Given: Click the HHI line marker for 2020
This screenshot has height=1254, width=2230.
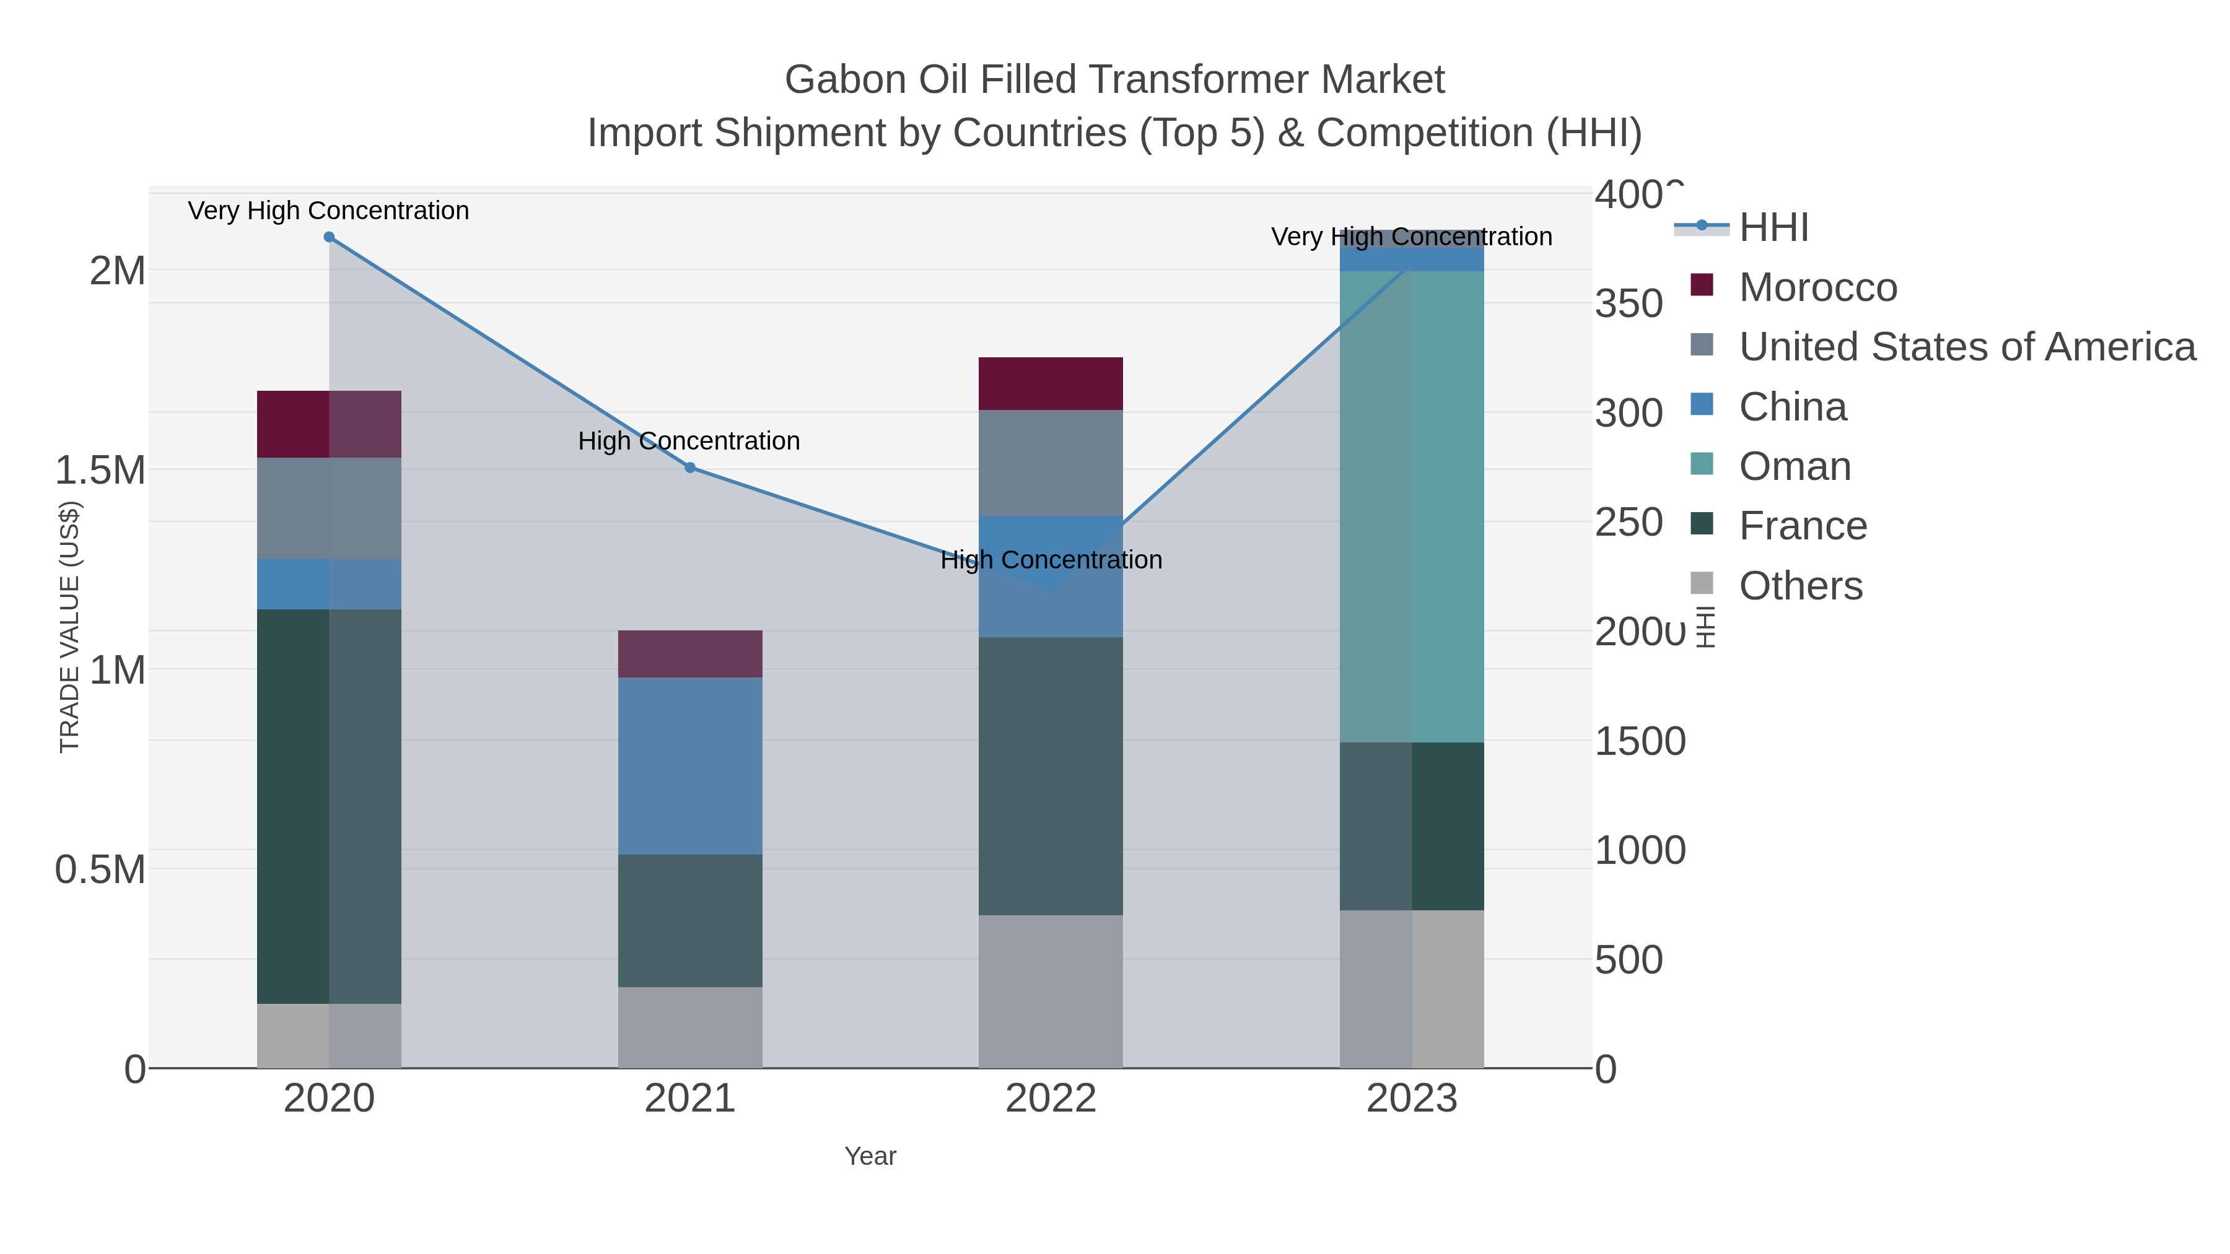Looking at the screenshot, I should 329,237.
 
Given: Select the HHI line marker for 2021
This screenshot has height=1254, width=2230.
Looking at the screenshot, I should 690,468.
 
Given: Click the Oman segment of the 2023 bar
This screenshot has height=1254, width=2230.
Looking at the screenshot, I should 1412,507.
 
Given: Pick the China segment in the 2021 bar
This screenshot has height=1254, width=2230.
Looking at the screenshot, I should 690,766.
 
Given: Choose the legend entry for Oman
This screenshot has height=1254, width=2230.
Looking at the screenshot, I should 1795,466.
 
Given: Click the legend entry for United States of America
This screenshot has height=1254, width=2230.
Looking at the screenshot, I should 1966,347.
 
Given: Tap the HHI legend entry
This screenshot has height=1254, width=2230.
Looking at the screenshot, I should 1773,228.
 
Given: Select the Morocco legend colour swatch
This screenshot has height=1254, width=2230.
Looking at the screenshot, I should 1701,285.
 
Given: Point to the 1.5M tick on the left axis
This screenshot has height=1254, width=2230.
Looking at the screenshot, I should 100,471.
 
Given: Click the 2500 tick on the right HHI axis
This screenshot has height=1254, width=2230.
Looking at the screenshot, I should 1629,523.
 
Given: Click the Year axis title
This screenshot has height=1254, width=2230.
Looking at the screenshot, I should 870,1156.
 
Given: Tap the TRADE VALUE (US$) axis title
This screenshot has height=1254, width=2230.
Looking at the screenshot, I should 69,627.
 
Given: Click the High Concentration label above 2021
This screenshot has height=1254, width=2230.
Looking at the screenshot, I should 689,442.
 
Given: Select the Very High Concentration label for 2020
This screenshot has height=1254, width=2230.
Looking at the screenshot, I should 328,211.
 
